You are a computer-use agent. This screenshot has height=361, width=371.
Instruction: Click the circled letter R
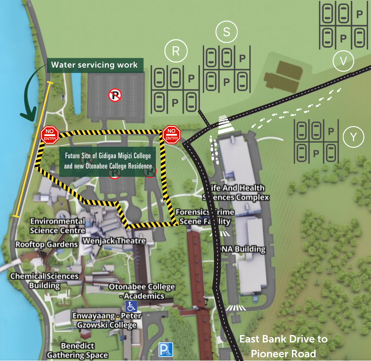[x=176, y=51]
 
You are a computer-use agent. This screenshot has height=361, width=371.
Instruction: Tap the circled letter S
[x=226, y=33]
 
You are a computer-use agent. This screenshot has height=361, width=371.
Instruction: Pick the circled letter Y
[x=353, y=138]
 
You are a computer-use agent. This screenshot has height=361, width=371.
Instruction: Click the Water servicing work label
[x=95, y=65]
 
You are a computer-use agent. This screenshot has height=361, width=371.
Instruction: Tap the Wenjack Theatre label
[x=114, y=241]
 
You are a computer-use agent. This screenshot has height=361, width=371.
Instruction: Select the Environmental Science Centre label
[x=57, y=226]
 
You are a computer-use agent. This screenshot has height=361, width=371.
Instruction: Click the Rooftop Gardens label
[x=47, y=244]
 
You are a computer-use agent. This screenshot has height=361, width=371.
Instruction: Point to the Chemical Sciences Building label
[x=45, y=281]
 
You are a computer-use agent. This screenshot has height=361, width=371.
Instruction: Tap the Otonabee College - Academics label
[x=142, y=291]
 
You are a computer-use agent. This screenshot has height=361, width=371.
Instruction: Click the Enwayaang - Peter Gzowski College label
[x=107, y=321]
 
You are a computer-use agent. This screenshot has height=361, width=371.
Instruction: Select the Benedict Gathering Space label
[x=77, y=350]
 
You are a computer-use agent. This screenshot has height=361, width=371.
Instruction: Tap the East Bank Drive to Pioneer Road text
[x=284, y=346]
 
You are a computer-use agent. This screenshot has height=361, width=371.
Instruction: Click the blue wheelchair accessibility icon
[x=131, y=306]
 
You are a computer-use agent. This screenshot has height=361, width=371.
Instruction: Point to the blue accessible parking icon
[x=166, y=349]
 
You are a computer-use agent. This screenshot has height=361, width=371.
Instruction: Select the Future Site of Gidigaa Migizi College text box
[x=108, y=161]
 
